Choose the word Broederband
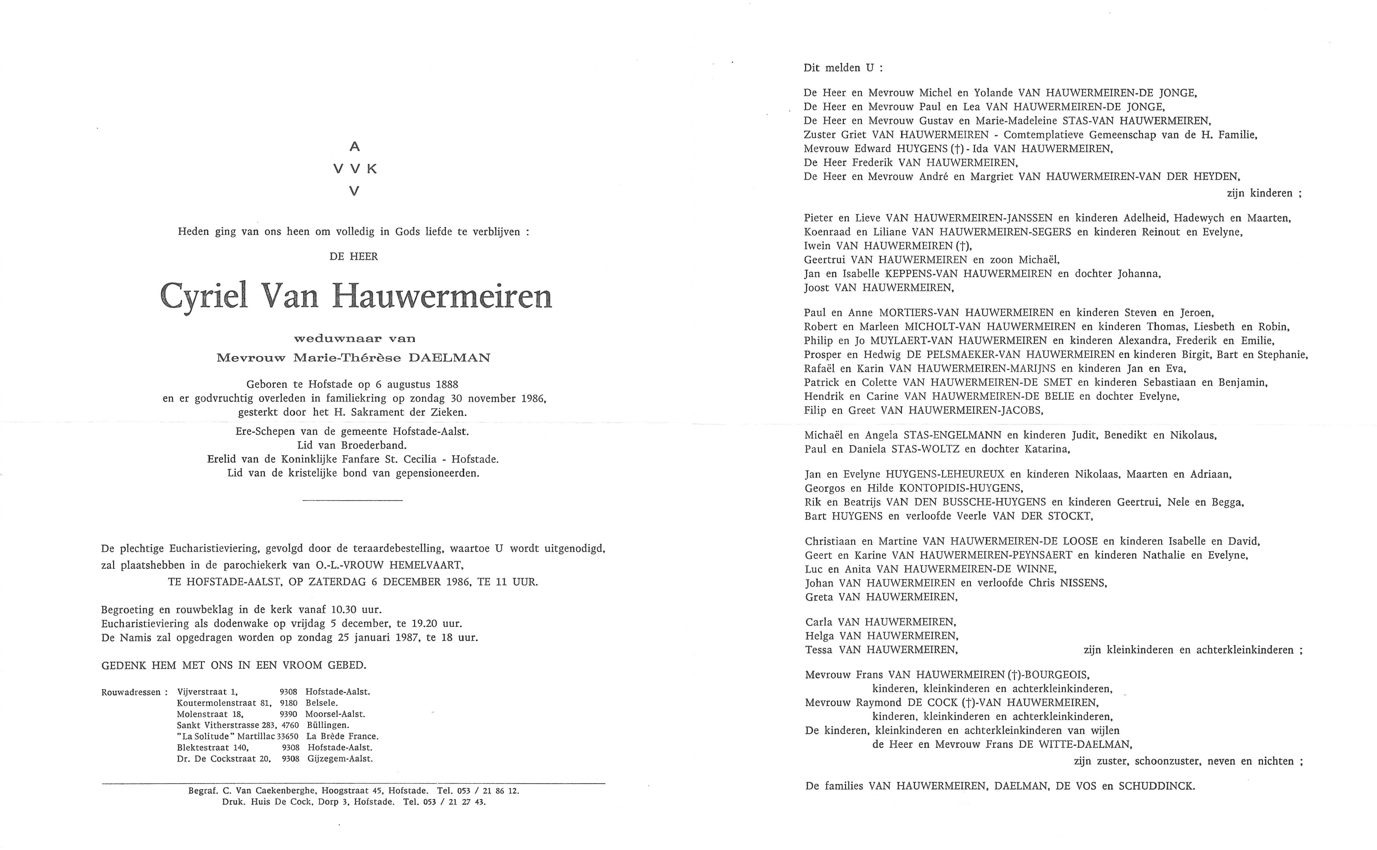click(x=377, y=445)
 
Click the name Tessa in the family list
click(x=818, y=650)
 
